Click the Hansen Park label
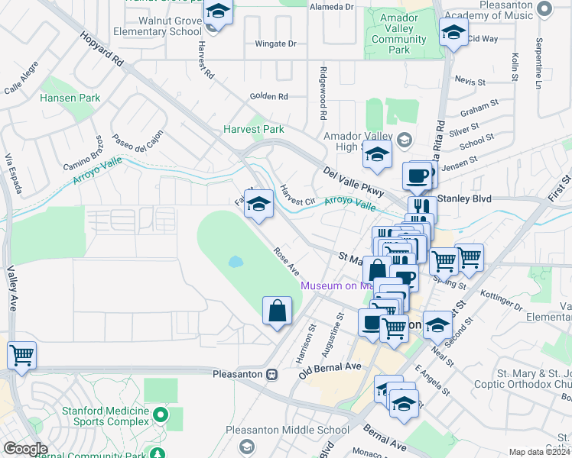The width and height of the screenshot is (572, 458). coord(70,98)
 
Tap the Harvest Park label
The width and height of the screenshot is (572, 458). coord(254,130)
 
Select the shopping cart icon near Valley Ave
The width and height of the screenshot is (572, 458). coord(21,355)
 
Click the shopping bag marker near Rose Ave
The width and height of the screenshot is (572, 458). coord(277,311)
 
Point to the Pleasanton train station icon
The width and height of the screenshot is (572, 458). coord(271,375)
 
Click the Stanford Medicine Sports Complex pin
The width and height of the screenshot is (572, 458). coord(160,414)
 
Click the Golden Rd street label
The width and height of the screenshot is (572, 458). coord(268,97)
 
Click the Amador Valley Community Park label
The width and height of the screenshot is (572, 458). coord(398,34)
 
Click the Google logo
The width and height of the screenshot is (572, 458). coord(25,449)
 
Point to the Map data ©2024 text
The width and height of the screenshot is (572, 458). coord(539,452)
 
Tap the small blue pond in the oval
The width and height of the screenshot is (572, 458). coord(236,262)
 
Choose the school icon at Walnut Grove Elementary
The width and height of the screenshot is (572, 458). coord(219,12)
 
